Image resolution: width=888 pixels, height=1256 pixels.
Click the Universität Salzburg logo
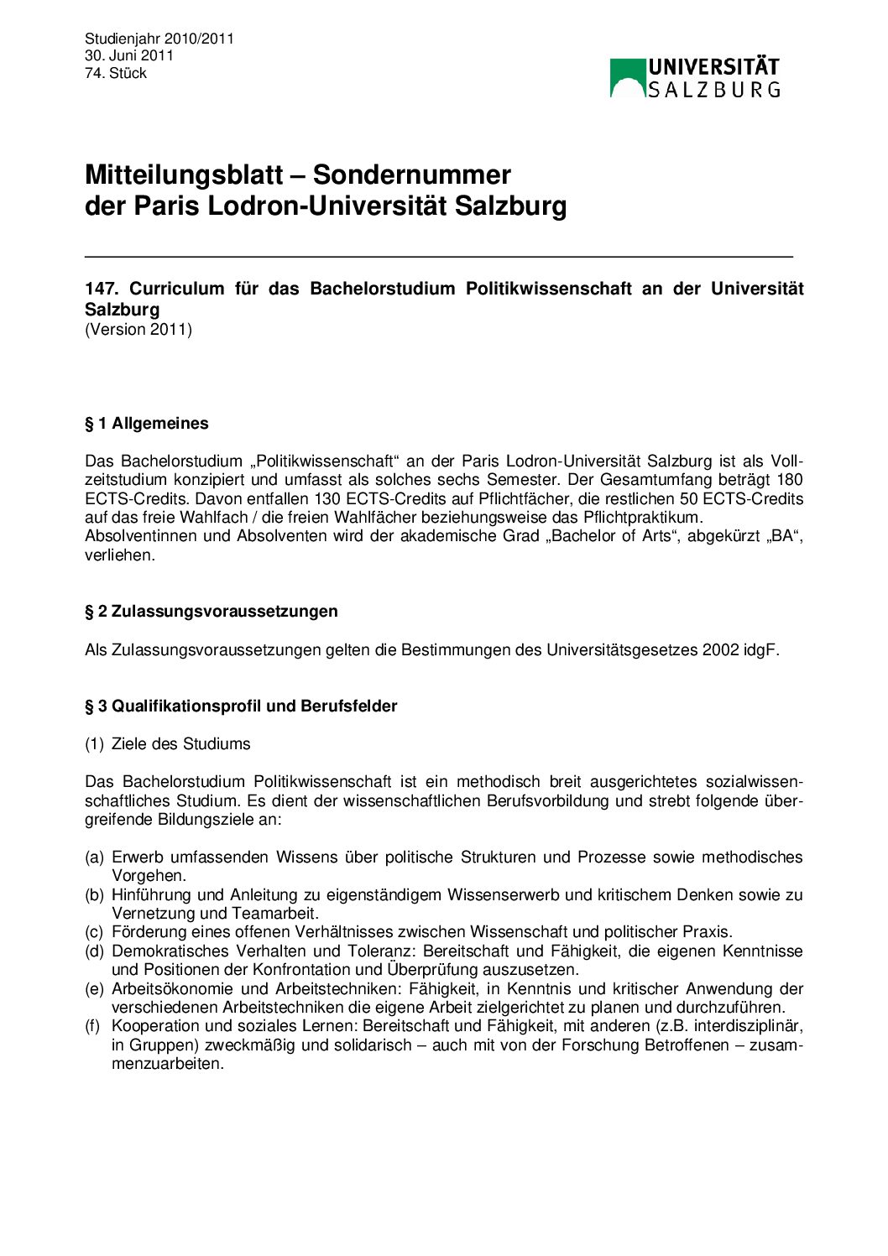[695, 77]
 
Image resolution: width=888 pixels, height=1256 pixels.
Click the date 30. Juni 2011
[129, 55]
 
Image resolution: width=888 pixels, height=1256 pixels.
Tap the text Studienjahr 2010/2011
[159, 39]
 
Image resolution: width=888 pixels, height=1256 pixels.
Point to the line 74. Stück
[116, 73]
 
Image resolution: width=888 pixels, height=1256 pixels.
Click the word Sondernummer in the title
[411, 175]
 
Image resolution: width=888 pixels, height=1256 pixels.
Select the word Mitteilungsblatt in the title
[184, 175]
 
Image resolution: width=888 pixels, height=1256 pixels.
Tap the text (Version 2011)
[138, 329]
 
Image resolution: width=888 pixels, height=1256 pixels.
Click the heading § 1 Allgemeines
[147, 424]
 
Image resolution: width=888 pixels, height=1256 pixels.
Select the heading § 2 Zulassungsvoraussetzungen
[212, 612]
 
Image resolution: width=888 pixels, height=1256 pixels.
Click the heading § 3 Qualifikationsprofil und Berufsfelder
[241, 706]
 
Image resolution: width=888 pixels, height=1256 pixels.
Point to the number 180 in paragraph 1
[790, 480]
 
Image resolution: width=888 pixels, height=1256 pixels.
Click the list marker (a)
[94, 857]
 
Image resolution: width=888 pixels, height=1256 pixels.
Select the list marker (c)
[94, 932]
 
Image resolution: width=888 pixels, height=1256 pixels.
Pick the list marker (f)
[94, 1026]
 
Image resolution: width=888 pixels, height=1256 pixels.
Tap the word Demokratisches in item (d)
[169, 951]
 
